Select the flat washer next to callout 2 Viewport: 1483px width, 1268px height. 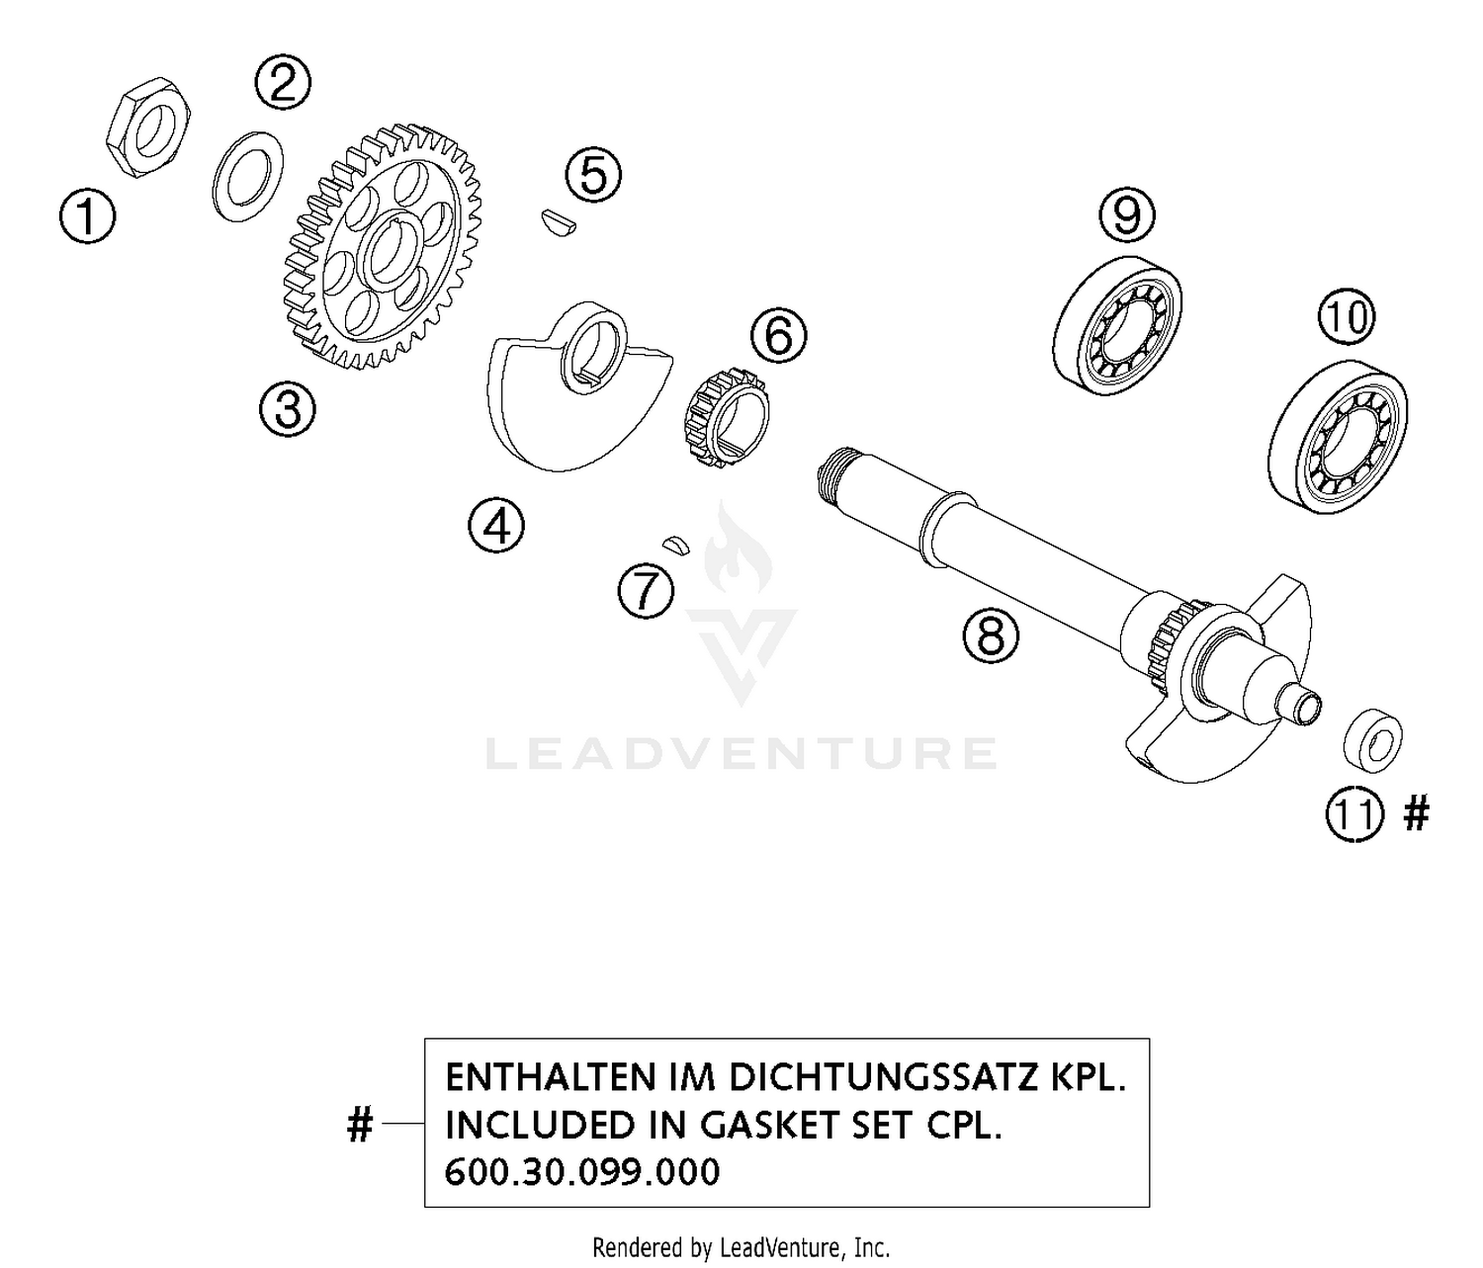point(248,176)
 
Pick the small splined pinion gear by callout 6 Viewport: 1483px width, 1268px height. point(727,419)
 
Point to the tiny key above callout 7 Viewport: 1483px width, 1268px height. point(675,544)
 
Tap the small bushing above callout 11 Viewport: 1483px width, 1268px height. point(1374,739)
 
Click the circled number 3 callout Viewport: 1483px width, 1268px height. point(288,407)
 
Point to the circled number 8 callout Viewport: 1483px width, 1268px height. point(991,635)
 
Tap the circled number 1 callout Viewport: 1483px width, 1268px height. point(87,216)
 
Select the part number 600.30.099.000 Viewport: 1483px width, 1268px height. point(582,1172)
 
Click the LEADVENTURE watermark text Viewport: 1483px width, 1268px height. point(741,754)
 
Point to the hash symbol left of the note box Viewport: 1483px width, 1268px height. point(360,1125)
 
